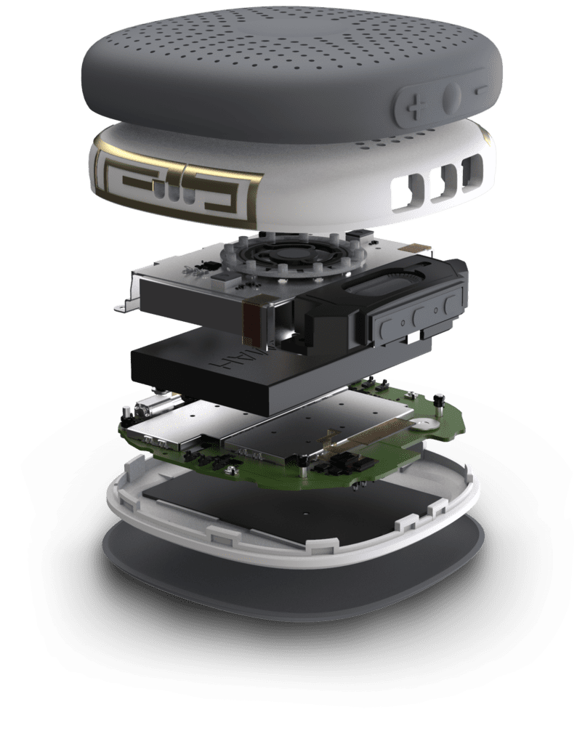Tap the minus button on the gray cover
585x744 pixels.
coord(482,91)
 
